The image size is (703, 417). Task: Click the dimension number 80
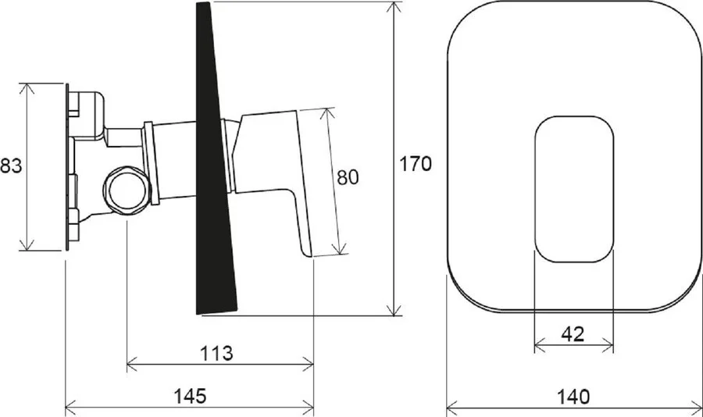point(347,177)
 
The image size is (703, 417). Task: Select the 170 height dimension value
point(416,165)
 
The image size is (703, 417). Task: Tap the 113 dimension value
point(216,353)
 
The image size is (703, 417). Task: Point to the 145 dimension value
point(190,396)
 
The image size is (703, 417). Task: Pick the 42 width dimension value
point(573,333)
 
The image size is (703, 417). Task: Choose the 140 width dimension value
point(573,396)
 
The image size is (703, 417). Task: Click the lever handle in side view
point(289,180)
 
